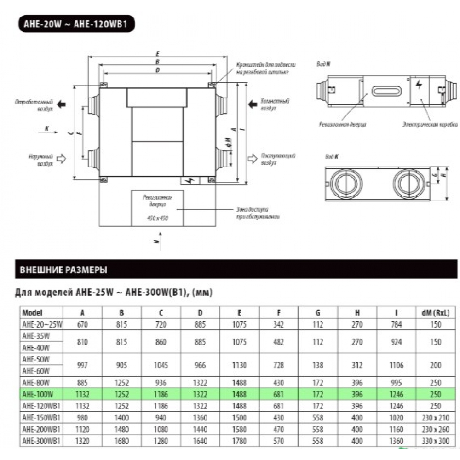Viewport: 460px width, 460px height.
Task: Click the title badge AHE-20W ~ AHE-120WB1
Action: coord(76,23)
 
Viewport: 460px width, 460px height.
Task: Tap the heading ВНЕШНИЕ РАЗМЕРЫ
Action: coord(63,270)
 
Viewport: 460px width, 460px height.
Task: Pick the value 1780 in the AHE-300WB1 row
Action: coord(240,441)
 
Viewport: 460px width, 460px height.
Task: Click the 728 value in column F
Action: coord(279,365)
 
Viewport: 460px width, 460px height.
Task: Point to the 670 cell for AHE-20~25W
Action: coord(82,324)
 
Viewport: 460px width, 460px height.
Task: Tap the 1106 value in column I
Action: coord(397,365)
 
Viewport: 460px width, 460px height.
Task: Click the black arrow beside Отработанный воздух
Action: coord(61,104)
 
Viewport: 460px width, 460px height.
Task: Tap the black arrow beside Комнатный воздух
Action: coord(253,104)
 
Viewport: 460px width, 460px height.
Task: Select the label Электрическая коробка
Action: coord(430,124)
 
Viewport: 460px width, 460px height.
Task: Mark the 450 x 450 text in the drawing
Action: coord(158,218)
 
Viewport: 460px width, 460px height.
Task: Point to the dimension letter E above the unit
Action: coord(157,53)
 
